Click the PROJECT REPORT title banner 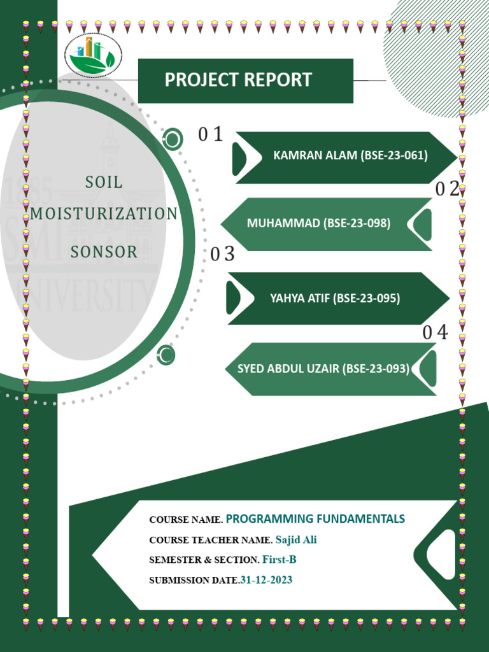click(x=245, y=80)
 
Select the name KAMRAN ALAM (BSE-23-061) click(x=350, y=155)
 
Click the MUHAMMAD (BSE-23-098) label click(x=318, y=223)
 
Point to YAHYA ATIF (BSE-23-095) click(x=335, y=297)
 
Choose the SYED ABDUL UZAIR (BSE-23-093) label click(x=323, y=368)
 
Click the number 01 click(x=210, y=134)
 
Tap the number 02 click(x=447, y=188)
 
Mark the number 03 click(x=223, y=255)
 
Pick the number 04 click(x=436, y=332)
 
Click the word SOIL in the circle click(x=104, y=183)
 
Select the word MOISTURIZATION click(x=104, y=214)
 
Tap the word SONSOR click(x=104, y=252)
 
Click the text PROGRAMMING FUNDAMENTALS click(x=315, y=518)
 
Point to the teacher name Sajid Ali click(x=296, y=540)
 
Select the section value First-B click(x=280, y=560)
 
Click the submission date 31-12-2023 click(x=266, y=580)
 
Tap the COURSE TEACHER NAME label click(x=211, y=541)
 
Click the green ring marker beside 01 click(x=172, y=139)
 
